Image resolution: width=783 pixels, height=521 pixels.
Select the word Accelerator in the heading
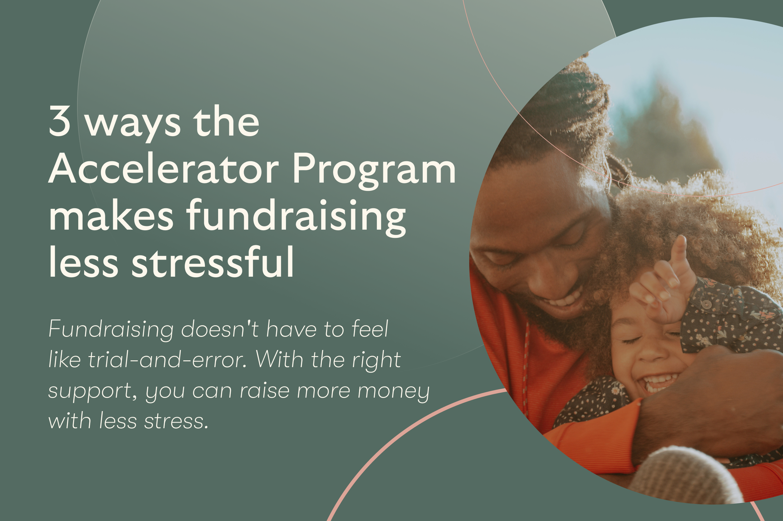[x=163, y=168]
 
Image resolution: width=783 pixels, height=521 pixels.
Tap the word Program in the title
[x=374, y=171]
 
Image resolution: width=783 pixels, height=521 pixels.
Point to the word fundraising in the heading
[x=296, y=218]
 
